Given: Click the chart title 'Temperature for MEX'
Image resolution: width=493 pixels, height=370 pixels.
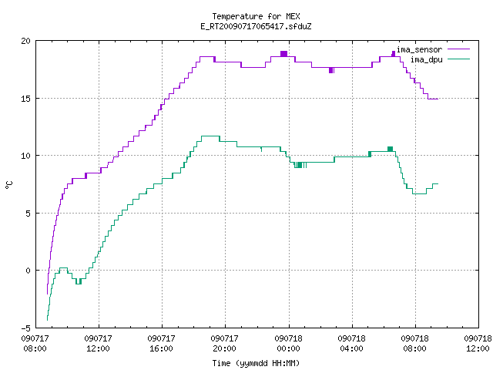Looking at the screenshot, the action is (256, 16).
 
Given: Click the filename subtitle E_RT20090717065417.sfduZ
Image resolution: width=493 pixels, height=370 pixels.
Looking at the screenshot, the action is (256, 26).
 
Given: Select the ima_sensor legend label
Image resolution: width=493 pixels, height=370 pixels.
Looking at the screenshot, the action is (419, 49).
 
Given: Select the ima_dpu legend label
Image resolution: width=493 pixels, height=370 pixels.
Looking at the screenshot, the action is (426, 59).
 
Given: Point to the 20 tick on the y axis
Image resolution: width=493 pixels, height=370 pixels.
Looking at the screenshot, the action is (25, 41).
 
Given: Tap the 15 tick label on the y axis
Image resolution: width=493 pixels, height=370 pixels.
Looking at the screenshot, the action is (25, 99).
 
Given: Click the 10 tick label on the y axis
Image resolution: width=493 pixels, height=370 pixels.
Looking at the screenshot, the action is (25, 156).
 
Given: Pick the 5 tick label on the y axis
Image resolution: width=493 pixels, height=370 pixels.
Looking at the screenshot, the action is (28, 214).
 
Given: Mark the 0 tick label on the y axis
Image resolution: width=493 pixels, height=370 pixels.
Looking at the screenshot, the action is (28, 271).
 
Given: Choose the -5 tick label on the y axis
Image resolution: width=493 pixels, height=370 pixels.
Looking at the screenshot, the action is (25, 328).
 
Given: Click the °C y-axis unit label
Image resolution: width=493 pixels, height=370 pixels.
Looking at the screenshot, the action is (8, 185).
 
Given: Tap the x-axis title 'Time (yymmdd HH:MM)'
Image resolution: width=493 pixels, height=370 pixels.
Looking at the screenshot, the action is (256, 363).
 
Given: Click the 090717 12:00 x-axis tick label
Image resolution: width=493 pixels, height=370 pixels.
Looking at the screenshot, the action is (98, 344).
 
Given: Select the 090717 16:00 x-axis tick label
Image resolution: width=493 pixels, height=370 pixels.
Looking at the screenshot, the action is (161, 344).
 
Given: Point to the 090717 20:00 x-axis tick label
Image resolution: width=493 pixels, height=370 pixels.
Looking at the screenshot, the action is (224, 344).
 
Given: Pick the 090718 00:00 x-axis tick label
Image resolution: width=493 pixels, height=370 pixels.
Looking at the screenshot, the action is (288, 344).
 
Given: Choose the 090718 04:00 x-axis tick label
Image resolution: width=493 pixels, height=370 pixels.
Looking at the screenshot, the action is (351, 344).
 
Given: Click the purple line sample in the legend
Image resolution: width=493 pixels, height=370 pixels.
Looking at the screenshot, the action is (459, 49).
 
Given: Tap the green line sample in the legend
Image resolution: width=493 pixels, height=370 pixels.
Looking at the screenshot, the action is (459, 59).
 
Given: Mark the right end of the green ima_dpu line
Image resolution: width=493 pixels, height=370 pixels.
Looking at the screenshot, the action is (438, 183).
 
